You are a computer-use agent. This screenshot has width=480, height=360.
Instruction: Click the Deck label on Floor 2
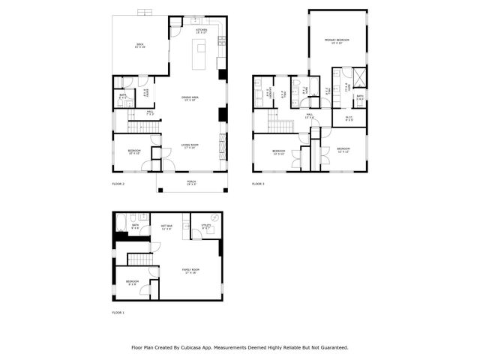pos(139,46)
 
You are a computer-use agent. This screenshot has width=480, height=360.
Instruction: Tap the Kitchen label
pos(202,31)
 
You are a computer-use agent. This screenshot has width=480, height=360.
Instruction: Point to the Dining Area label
pos(190,98)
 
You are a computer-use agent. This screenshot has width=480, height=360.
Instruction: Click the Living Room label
pos(189,146)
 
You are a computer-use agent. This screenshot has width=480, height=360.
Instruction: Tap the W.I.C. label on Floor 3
pos(349,118)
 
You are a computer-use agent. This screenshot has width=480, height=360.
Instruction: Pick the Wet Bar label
pos(166,227)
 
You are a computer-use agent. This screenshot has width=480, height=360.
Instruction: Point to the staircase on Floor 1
pos(139,259)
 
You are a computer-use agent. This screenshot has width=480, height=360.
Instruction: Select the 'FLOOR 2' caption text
pos(118,184)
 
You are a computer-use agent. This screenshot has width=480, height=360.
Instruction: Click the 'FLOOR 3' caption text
pos(258,184)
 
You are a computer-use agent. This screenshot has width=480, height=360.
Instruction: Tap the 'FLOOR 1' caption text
pos(118,312)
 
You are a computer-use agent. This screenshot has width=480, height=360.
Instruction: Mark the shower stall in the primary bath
pos(360,78)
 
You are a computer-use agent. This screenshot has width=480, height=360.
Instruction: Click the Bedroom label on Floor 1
pos(132,284)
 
